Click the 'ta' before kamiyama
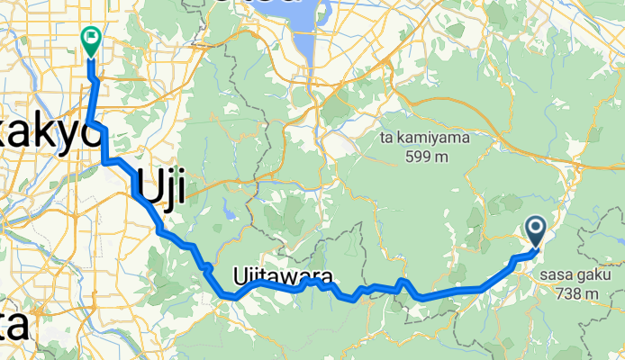pyautogui.click(x=390, y=140)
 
